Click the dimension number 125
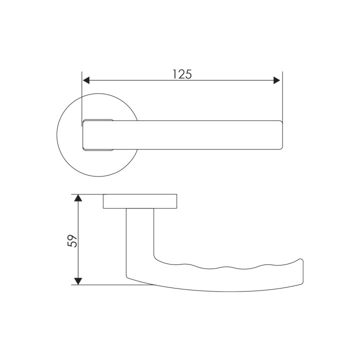(182, 74)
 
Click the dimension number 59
(72, 241)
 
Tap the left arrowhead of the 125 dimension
(86, 80)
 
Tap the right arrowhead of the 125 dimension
(277, 80)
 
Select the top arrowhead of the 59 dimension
(78, 198)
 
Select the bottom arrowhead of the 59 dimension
(78, 281)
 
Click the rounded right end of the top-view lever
(280, 135)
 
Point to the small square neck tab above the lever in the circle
(98, 120)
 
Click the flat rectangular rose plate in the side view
(140, 201)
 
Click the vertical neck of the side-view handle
(140, 241)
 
